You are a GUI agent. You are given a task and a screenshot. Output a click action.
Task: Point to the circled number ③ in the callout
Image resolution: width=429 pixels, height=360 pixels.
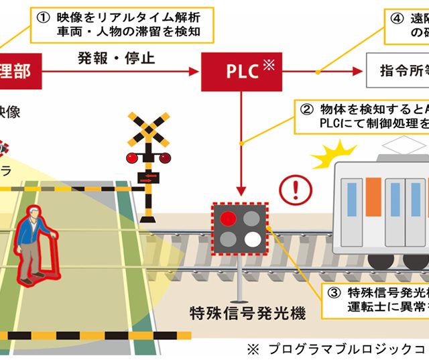click(334, 292)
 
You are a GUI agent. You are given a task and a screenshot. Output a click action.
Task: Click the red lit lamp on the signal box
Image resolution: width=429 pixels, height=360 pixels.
click(229, 218)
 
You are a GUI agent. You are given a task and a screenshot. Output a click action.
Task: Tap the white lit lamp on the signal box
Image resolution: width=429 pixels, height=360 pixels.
click(253, 239)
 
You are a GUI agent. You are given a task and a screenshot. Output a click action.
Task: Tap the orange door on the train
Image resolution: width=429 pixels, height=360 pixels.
click(373, 197)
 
